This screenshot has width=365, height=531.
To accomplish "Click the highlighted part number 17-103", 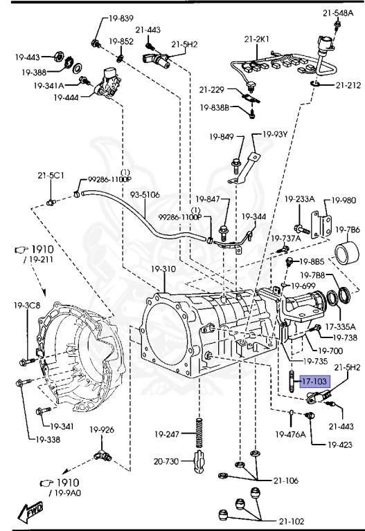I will (314, 381).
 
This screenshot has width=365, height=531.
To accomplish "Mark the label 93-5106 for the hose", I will (142, 195).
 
